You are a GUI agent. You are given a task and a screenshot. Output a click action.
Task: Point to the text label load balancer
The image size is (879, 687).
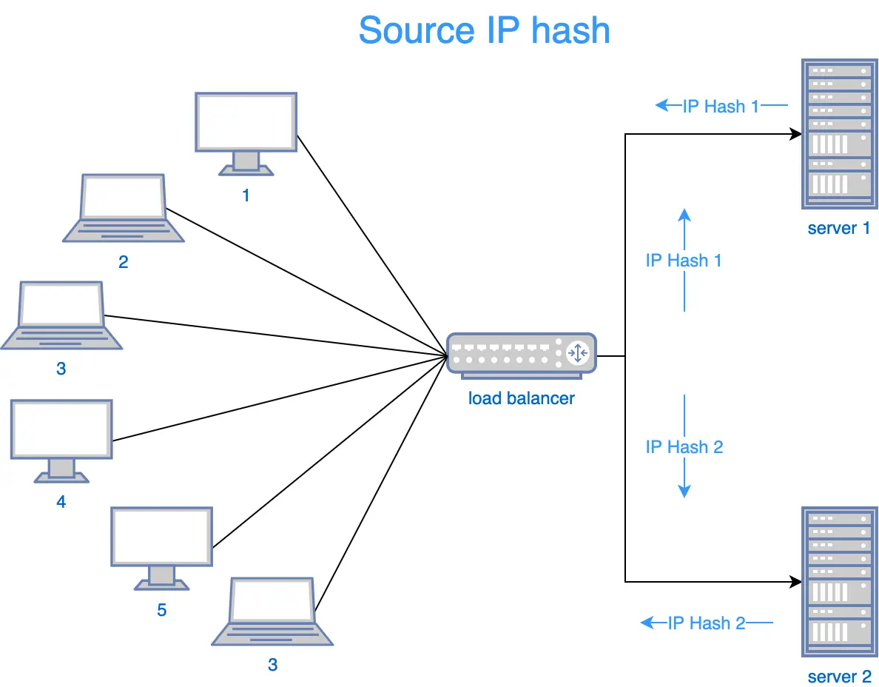[521, 398]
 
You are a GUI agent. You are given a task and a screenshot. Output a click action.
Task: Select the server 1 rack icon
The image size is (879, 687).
[838, 135]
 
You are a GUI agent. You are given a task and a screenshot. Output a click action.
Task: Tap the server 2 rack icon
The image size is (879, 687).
[838, 582]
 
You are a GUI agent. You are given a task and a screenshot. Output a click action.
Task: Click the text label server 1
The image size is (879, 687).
[838, 228]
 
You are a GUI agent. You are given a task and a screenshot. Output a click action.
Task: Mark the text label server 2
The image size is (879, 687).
[839, 677]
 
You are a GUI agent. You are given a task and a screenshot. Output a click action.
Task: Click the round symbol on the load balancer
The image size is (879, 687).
[577, 353]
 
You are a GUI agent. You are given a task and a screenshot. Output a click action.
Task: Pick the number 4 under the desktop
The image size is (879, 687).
[61, 502]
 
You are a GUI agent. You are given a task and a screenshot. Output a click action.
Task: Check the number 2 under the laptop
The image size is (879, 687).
[123, 262]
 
